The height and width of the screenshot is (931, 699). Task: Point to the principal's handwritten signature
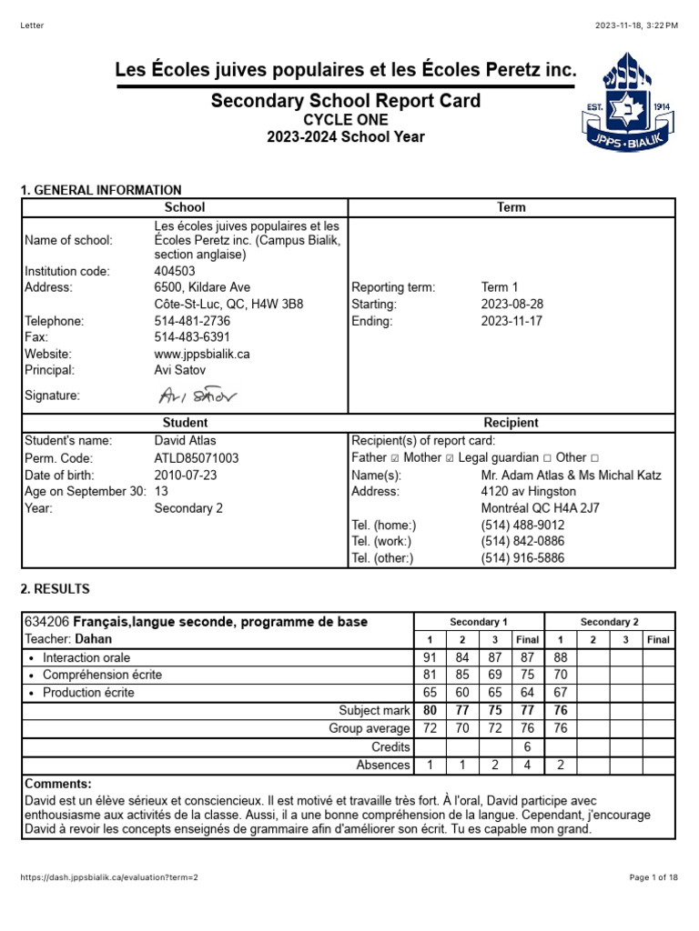click(x=197, y=395)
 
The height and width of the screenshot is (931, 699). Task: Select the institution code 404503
click(x=175, y=271)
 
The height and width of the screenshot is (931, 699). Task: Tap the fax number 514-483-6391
click(x=192, y=337)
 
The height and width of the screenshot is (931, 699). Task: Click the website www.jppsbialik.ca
click(x=202, y=354)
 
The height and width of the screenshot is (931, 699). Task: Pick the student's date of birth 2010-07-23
click(x=185, y=475)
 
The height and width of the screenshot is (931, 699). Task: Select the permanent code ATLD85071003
click(x=197, y=458)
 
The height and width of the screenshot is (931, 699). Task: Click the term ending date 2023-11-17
click(x=512, y=321)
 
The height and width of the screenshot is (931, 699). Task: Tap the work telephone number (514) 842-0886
click(x=522, y=542)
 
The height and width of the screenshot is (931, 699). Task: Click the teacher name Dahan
click(x=93, y=639)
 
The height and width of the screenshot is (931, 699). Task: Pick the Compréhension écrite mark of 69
click(x=494, y=675)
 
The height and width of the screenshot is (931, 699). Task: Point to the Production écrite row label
click(x=87, y=693)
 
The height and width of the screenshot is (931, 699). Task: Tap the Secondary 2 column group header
click(x=609, y=622)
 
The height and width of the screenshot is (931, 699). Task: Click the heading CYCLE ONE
click(x=345, y=120)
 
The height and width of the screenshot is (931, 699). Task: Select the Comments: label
click(x=58, y=784)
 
